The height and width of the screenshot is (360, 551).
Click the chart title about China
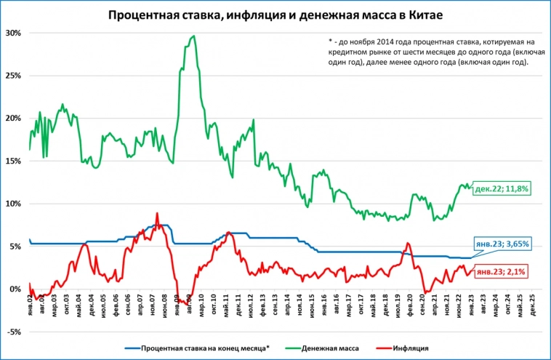click(x=275, y=15)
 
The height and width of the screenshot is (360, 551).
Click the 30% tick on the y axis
click(x=13, y=33)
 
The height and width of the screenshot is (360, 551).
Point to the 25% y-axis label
click(x=13, y=76)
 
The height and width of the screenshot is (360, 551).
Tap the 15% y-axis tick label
click(x=13, y=161)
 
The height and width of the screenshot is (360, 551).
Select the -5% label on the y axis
click(x=15, y=332)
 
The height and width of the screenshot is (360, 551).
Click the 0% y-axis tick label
click(x=16, y=289)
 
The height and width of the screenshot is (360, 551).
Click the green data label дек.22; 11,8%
click(x=501, y=189)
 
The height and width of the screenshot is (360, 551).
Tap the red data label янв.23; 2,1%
click(x=500, y=271)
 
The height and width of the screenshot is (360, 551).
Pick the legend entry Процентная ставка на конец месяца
click(x=205, y=348)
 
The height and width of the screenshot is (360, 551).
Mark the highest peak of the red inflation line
click(x=157, y=213)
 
